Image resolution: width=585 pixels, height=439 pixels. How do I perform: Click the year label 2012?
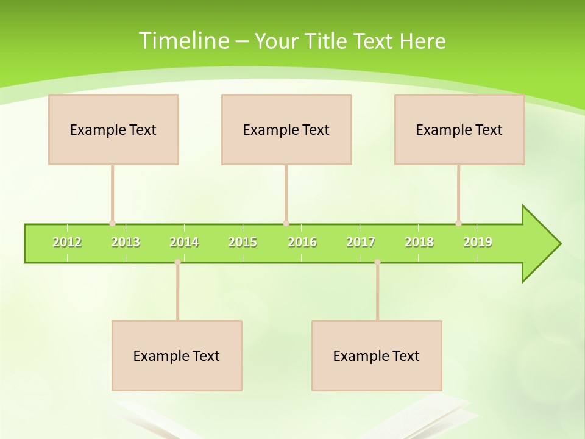[67, 242]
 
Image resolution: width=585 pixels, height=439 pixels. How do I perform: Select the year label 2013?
[126, 242]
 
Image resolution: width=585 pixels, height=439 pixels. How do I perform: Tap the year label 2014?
[184, 242]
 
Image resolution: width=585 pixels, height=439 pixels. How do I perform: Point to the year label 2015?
[243, 242]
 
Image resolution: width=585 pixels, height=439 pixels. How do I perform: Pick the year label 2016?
[302, 242]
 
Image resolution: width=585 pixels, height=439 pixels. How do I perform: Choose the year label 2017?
[361, 242]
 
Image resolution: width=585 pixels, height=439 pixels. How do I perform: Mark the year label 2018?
[419, 242]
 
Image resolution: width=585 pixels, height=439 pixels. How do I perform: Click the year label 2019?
[478, 242]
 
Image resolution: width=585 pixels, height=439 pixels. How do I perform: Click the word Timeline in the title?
[183, 41]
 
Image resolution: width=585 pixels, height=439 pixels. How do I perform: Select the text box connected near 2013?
[113, 129]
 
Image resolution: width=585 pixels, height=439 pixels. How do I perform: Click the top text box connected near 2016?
[286, 129]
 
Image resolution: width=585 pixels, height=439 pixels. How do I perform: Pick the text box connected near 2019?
[459, 129]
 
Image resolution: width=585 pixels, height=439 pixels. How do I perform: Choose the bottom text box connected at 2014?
[177, 355]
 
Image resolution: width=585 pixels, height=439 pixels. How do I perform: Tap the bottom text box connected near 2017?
[377, 355]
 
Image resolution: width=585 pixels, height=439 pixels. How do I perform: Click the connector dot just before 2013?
[112, 223]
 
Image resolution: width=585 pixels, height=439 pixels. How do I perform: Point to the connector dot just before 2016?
[286, 223]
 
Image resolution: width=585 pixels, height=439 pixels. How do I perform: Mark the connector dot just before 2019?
[458, 223]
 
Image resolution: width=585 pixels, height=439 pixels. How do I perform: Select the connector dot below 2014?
[177, 262]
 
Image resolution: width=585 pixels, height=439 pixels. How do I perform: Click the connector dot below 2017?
[377, 262]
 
